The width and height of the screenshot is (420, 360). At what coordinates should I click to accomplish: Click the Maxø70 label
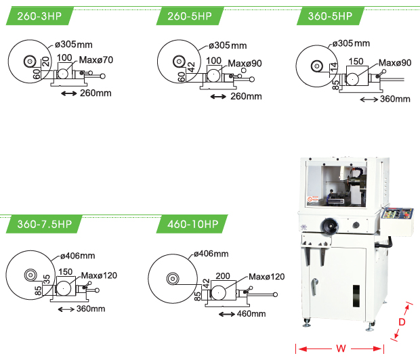pyautogui.click(x=97, y=60)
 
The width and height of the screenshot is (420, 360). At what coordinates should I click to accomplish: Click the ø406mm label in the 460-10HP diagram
pyautogui.click(x=211, y=254)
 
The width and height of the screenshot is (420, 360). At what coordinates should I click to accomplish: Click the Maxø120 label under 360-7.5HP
pyautogui.click(x=99, y=275)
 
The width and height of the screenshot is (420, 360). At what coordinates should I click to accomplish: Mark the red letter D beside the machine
pyautogui.click(x=401, y=322)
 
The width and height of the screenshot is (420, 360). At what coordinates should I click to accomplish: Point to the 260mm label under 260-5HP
pyautogui.click(x=246, y=96)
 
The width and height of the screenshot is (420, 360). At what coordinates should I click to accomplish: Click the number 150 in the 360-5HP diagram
pyautogui.click(x=355, y=62)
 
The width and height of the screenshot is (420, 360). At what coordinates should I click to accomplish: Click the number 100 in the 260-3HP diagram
pyautogui.click(x=64, y=58)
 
